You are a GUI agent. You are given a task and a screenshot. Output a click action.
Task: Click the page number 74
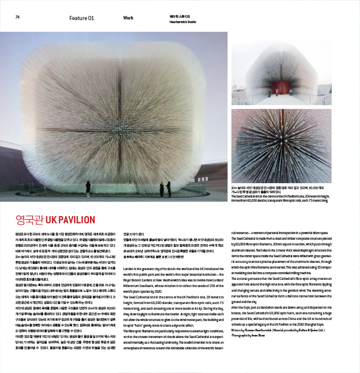click(17, 17)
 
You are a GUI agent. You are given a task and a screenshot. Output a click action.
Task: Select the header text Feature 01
click(82, 18)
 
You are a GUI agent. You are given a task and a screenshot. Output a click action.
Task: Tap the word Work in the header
click(128, 18)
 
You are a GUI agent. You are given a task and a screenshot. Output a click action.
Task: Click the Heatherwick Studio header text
click(181, 22)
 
